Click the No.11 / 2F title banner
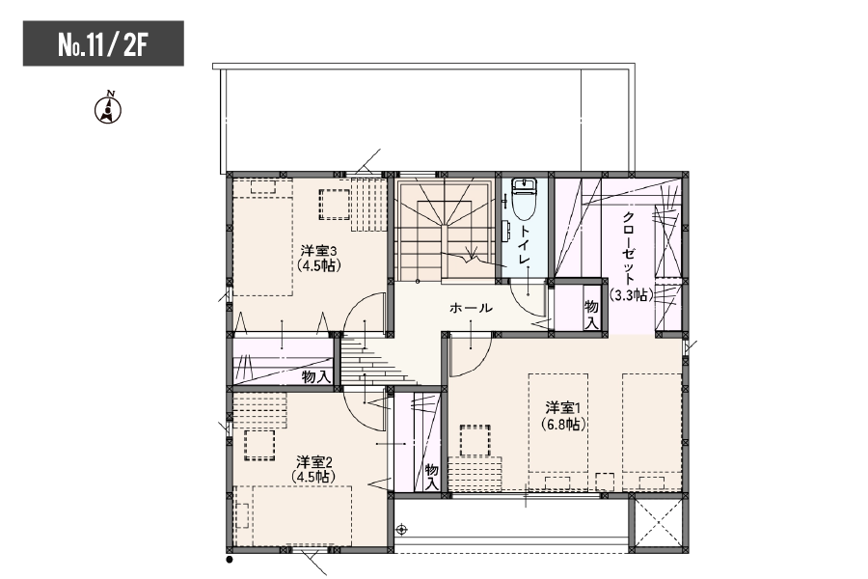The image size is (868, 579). click(103, 43)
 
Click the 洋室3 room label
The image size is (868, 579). click(319, 251)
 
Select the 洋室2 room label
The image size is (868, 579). click(313, 461)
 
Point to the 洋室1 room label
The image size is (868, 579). click(562, 408)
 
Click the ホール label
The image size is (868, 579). click(471, 308)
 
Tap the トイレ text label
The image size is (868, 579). click(525, 245)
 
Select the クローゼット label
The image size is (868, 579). click(629, 247)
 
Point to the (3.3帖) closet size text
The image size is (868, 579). click(631, 295)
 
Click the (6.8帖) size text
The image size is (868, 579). click(563, 425)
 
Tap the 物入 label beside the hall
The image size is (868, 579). click(592, 315)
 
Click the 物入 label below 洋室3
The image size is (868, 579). click(316, 377)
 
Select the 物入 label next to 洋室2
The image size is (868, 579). click(432, 477)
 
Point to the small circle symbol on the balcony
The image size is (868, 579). click(402, 530)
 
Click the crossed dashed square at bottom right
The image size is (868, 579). click(658, 522)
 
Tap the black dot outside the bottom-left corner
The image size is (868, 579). click(230, 560)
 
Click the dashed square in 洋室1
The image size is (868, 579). click(475, 440)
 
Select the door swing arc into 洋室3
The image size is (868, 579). click(354, 316)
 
